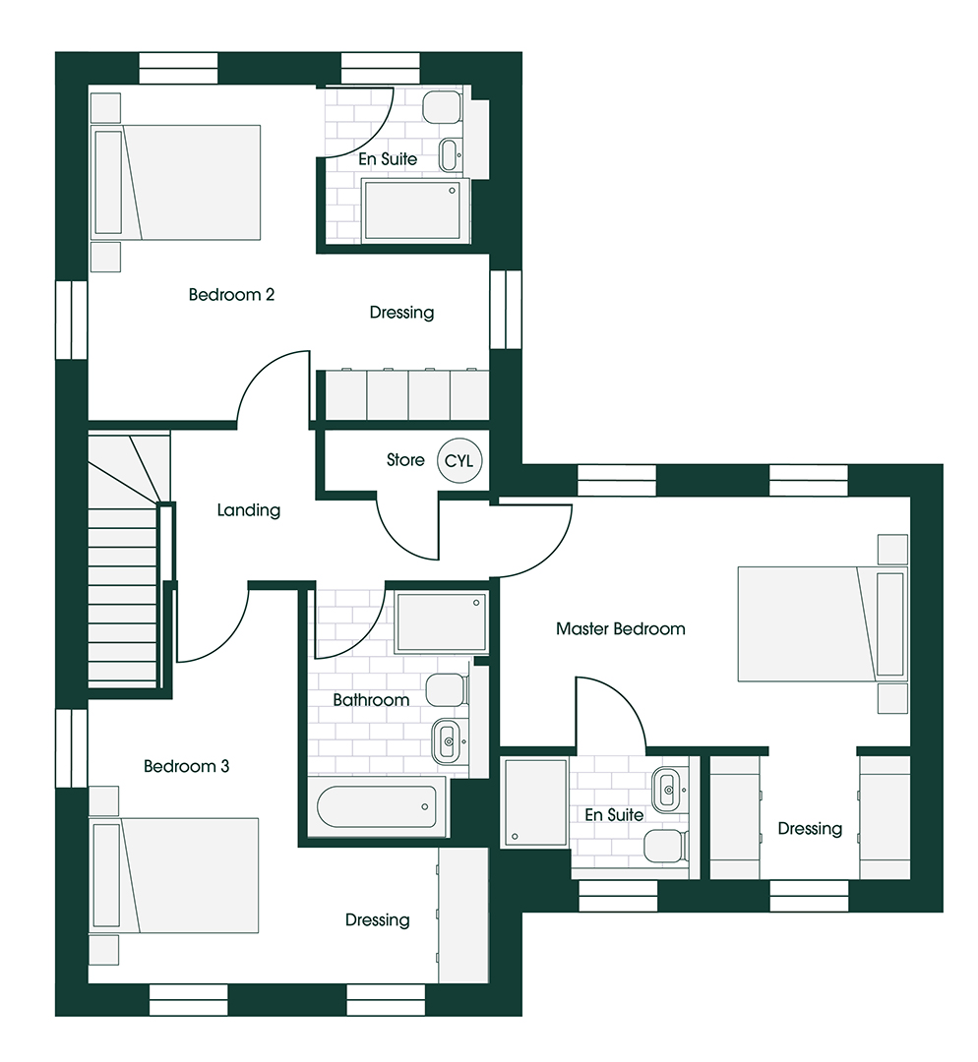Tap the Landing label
[x=249, y=510]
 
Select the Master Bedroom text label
[x=620, y=628]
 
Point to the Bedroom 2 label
[x=231, y=294]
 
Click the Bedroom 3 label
[x=186, y=766]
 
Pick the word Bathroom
[x=371, y=700]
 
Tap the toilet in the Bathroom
[x=445, y=689]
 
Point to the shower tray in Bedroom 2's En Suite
[x=411, y=209]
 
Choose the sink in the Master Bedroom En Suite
[x=668, y=786]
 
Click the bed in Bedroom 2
[x=177, y=182]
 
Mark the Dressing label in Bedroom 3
[x=377, y=920]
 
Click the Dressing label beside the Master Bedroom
[x=810, y=829]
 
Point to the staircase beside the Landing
[x=123, y=580]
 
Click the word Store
[x=405, y=460]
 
